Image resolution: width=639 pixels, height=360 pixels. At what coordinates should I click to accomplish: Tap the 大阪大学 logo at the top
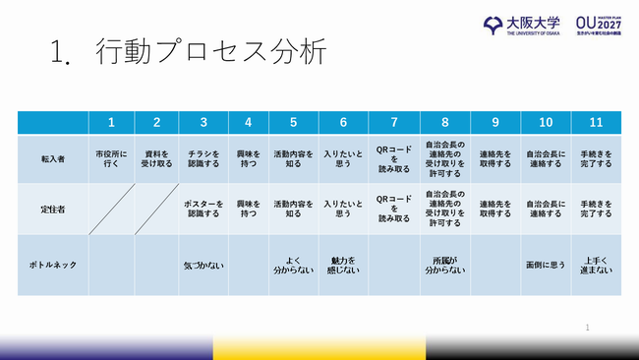click(x=521, y=24)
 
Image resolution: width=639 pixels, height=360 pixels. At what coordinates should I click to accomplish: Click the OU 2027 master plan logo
click(x=602, y=24)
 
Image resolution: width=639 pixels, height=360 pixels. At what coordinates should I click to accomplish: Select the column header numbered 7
click(x=393, y=123)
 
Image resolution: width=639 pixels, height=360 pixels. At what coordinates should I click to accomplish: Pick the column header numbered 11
click(x=596, y=123)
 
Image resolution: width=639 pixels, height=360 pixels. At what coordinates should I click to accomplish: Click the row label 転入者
click(x=52, y=158)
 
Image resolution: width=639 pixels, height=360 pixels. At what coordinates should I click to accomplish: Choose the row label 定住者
click(x=52, y=209)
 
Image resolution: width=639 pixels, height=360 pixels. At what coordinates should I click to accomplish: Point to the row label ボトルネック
click(x=52, y=265)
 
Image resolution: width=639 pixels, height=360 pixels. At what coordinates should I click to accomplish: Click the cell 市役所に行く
click(x=111, y=159)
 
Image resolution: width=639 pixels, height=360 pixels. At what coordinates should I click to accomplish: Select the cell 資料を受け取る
click(x=156, y=159)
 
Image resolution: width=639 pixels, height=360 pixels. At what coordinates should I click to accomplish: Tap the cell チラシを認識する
click(x=203, y=159)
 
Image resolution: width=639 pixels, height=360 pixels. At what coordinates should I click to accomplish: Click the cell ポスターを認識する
click(x=203, y=210)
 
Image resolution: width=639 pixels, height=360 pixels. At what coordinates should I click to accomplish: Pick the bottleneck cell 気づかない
click(x=203, y=265)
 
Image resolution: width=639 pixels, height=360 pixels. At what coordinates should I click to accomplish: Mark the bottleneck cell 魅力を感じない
click(x=343, y=265)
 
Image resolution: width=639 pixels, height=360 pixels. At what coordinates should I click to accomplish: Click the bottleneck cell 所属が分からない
click(x=444, y=265)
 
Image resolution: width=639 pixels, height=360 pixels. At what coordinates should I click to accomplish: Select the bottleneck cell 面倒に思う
click(x=546, y=265)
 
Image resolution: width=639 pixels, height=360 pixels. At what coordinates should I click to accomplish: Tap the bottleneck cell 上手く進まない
click(x=596, y=265)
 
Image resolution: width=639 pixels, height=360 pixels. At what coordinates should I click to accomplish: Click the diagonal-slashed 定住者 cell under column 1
click(x=111, y=210)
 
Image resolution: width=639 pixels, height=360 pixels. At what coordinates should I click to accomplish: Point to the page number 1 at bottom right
click(x=587, y=327)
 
